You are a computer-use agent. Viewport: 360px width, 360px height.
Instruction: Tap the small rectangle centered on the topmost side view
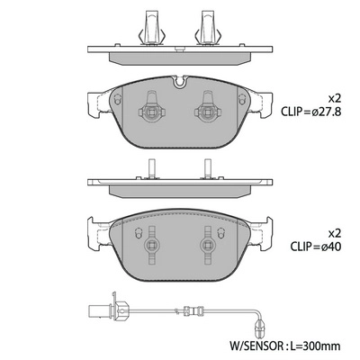tap(180, 50)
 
